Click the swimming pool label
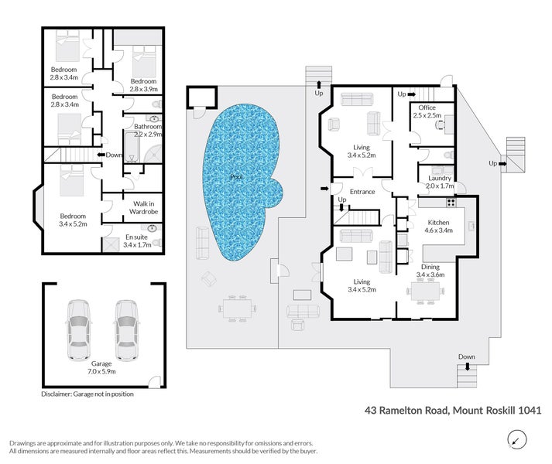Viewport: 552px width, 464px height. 237,176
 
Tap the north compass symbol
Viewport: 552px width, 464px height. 517,440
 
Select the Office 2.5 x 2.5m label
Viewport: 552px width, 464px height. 427,111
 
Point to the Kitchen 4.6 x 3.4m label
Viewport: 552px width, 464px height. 438,226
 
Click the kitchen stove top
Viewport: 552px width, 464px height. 451,203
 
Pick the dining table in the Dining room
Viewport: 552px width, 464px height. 425,292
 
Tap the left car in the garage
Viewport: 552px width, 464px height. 78,330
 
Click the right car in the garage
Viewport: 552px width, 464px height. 127,330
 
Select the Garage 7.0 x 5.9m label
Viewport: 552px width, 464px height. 101,367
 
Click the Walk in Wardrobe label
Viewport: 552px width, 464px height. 144,207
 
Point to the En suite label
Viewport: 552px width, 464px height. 137,241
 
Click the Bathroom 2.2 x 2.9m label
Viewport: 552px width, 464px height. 148,130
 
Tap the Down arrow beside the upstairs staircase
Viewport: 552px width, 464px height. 101,155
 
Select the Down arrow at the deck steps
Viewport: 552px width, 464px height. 468,367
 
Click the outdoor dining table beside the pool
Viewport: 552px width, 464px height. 237,309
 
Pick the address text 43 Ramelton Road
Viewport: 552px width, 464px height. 406,410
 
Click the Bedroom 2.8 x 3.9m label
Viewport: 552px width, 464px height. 143,85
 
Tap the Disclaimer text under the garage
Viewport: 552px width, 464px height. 87,394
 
